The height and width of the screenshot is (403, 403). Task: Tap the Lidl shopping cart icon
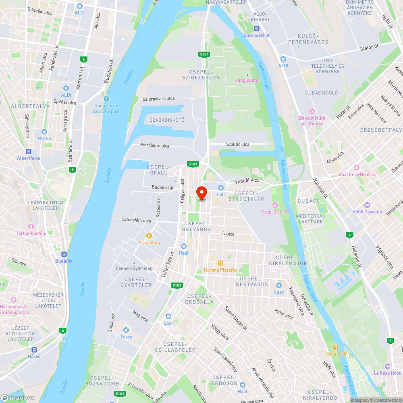click(x=220, y=188)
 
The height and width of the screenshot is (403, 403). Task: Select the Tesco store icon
click(x=126, y=330)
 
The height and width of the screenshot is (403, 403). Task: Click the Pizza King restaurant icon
click(x=149, y=236)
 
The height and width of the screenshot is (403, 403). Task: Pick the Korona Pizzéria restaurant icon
click(x=220, y=263)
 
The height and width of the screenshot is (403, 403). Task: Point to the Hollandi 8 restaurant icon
click(x=335, y=347)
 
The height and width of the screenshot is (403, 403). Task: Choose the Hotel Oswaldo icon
click(x=366, y=205)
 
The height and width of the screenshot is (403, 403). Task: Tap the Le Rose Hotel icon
click(x=388, y=366)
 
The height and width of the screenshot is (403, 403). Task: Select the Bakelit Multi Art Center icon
click(x=312, y=111)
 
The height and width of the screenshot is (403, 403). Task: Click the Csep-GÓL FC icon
click(x=275, y=205)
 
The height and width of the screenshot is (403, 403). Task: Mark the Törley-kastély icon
click(x=31, y=226)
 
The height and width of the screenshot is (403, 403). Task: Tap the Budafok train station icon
click(x=64, y=254)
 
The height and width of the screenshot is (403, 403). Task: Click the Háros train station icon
click(x=34, y=350)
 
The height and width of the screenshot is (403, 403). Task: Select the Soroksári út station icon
click(x=256, y=29)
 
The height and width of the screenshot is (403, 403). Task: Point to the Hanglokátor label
click(x=247, y=80)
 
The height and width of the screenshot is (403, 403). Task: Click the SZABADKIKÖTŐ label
click(x=167, y=120)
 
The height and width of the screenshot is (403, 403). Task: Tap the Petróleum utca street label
click(x=155, y=145)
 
